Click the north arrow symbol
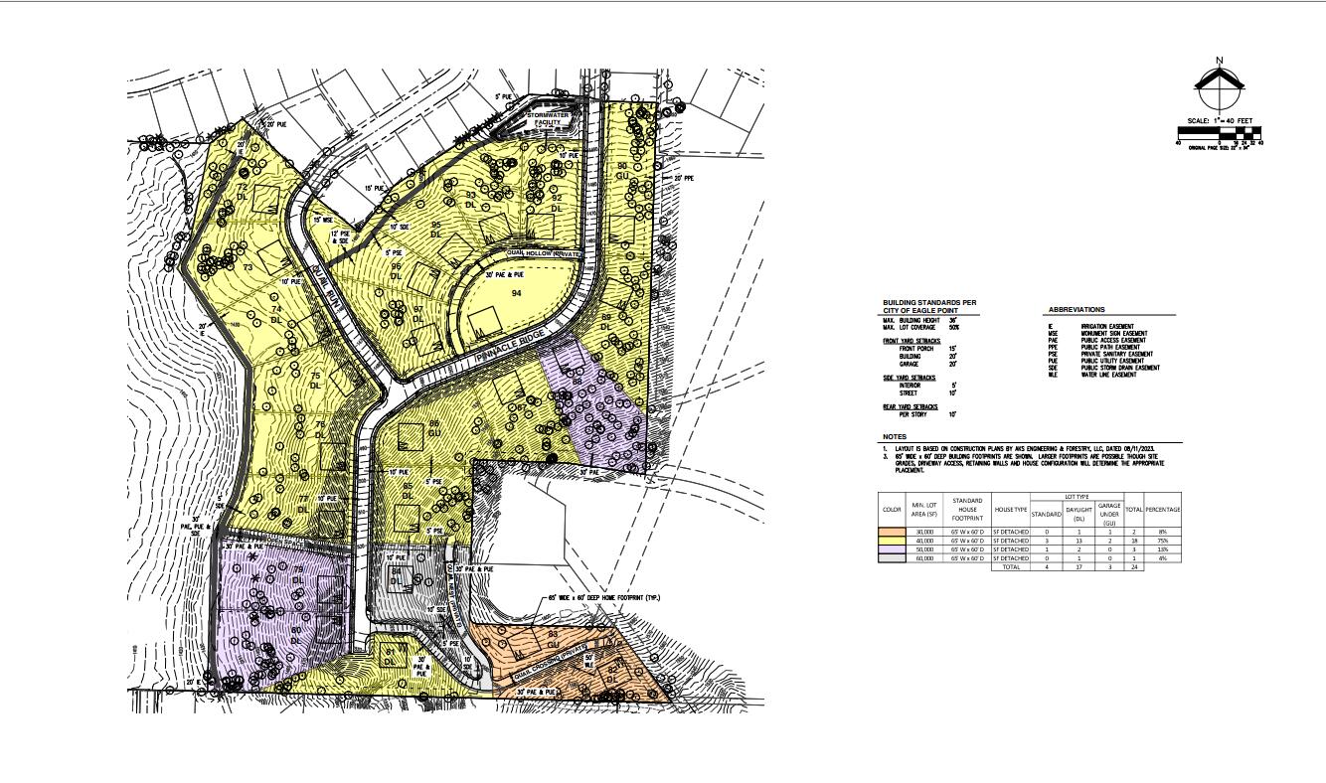tap(1220, 88)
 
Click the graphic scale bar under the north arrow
tap(1220, 131)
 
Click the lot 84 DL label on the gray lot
tap(396, 575)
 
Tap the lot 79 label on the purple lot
tap(297, 570)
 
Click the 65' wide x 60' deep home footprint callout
tap(603, 598)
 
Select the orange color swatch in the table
tap(893, 532)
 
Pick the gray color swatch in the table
tap(893, 558)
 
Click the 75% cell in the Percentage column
tap(1162, 541)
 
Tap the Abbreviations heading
tap(1076, 310)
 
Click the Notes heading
tap(894, 437)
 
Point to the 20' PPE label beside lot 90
tap(682, 179)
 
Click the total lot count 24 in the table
tap(1133, 567)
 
